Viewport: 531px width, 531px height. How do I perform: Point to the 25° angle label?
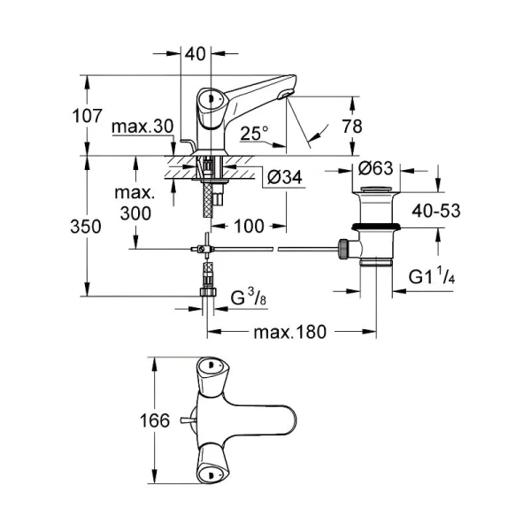pyautogui.click(x=254, y=134)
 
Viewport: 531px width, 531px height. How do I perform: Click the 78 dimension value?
pyautogui.click(x=351, y=126)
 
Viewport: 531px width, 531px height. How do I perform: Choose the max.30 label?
pyautogui.click(x=142, y=127)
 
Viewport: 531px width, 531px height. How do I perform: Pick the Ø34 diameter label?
pyautogui.click(x=284, y=178)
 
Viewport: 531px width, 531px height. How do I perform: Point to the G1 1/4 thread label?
pyautogui.click(x=432, y=277)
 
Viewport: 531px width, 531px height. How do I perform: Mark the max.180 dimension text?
pyautogui.click(x=289, y=333)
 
